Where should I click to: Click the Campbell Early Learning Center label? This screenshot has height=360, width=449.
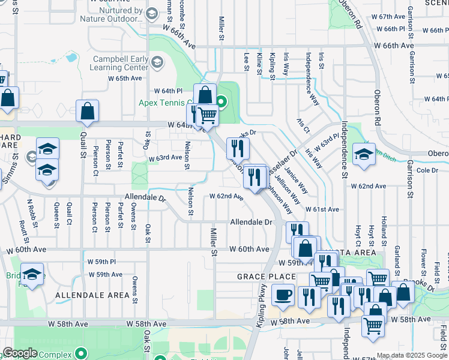point(120,63)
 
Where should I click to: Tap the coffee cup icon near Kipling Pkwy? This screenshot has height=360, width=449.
point(283,295)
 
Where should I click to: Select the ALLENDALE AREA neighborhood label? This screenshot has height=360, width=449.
point(92,295)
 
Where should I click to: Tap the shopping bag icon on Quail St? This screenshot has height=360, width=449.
point(88,112)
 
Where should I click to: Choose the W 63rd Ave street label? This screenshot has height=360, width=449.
point(165,158)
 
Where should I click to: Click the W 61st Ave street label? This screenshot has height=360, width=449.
point(322,209)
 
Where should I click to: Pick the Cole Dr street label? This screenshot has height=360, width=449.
point(427,170)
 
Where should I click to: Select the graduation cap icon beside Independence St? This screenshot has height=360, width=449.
point(364,155)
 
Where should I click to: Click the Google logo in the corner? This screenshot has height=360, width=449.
point(20,353)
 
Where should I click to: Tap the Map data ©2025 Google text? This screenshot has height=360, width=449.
point(412,355)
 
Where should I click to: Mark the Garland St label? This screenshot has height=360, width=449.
point(397,256)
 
